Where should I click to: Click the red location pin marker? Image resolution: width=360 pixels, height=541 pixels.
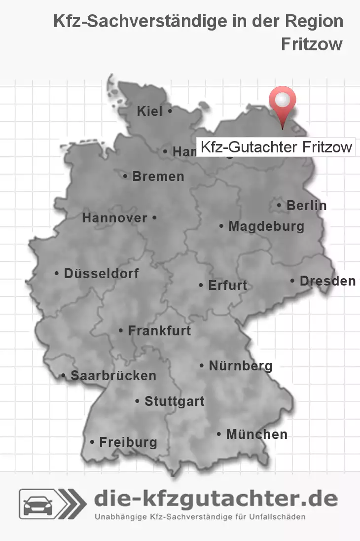click(283, 104)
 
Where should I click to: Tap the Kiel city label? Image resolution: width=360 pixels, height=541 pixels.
click(150, 111)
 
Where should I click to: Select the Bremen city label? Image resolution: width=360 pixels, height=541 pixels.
click(158, 176)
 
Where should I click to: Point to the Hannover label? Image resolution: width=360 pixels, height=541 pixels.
click(115, 217)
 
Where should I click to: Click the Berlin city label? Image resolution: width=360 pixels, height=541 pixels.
click(306, 205)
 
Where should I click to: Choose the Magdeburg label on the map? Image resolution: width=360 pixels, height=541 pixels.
click(266, 226)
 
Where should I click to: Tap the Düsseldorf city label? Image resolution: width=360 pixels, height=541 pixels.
click(101, 273)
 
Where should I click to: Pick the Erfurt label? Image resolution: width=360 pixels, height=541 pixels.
click(227, 285)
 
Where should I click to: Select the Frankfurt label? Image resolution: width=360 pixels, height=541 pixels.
click(159, 330)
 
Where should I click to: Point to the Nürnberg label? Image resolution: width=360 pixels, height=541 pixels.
click(241, 366)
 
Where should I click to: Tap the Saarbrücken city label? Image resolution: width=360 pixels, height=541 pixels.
click(113, 376)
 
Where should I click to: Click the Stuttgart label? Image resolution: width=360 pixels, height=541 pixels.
click(174, 401)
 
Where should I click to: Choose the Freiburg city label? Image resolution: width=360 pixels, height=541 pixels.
click(128, 442)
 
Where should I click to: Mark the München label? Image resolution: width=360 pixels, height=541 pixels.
click(256, 434)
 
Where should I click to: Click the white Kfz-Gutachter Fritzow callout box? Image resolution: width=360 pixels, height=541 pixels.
click(276, 147)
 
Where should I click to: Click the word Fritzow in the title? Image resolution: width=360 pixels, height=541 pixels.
click(312, 44)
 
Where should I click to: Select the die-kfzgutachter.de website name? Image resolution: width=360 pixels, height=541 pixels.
click(216, 499)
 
